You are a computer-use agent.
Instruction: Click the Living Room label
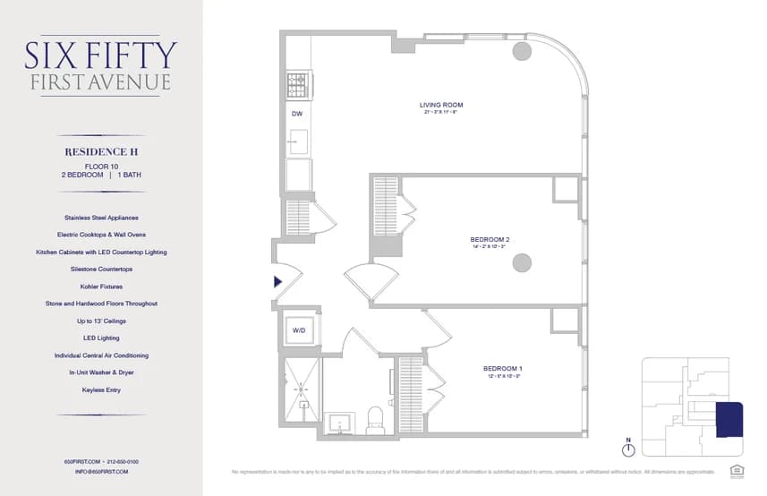coord(441,105)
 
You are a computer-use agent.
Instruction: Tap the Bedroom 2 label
coord(490,240)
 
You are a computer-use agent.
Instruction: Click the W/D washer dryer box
coord(299,329)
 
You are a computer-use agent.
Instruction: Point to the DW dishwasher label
coord(296,115)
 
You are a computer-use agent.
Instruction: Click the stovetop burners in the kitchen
coord(296,85)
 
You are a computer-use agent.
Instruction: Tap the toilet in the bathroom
coord(375,417)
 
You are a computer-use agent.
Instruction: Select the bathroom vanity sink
coord(341,421)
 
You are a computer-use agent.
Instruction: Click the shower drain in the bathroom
coord(302,388)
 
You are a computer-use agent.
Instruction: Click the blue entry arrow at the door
coord(278,282)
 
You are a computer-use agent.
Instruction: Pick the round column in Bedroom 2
coord(522,262)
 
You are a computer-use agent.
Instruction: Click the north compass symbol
coord(629,449)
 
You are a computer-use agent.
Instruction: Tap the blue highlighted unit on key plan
coord(730,420)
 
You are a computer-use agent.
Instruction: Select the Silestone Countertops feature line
coord(101,269)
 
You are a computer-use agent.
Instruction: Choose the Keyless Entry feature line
coord(101,390)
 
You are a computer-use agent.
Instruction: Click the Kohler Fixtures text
coord(101,286)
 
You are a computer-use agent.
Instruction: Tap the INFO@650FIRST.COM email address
coord(102,471)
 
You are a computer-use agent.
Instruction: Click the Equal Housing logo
coord(737,468)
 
